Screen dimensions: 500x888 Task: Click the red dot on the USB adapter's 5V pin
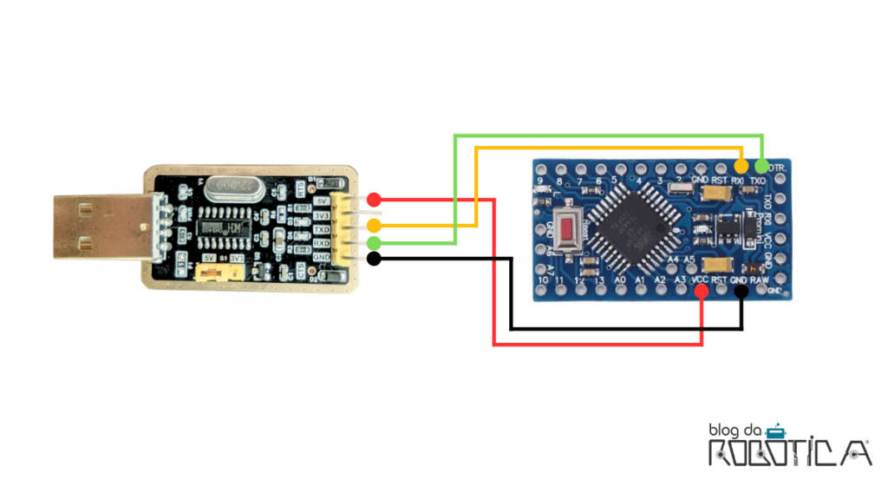point(374,200)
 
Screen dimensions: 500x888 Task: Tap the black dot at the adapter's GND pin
point(374,259)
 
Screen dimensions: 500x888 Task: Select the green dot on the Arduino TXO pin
point(762,165)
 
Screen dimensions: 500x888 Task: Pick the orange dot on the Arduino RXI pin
point(741,165)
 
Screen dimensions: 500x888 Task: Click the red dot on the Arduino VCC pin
point(702,293)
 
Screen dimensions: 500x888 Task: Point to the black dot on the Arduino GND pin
point(741,293)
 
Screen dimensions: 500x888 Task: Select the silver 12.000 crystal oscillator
point(228,185)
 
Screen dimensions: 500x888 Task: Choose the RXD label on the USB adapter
point(323,244)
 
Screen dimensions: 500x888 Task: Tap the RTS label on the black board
point(300,187)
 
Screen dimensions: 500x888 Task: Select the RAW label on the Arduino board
point(761,280)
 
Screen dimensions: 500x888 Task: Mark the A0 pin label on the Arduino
point(620,280)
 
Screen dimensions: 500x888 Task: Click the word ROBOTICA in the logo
point(789,452)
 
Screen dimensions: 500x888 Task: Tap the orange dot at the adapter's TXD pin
point(374,226)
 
